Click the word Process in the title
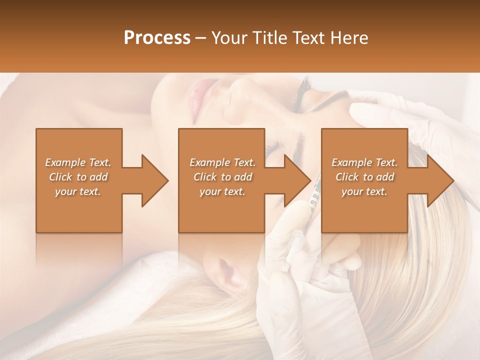click(157, 38)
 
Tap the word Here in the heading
click(350, 38)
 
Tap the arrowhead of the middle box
click(297, 180)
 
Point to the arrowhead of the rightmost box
click(440, 180)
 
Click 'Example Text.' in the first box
click(78, 162)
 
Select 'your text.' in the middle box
click(222, 191)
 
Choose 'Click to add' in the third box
click(364, 177)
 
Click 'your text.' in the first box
click(78, 191)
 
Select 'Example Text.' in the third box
click(364, 162)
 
